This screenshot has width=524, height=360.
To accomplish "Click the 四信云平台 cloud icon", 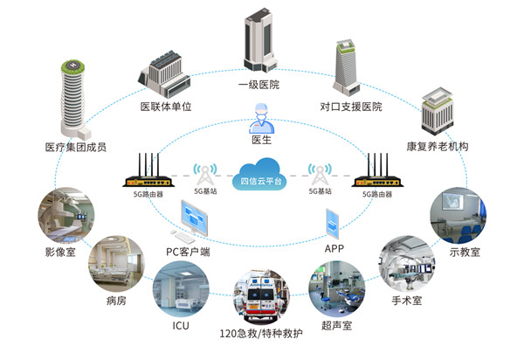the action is (x=259, y=175).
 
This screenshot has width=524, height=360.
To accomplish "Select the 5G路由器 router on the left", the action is (x=148, y=171).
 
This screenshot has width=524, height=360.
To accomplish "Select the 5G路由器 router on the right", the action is (x=377, y=171).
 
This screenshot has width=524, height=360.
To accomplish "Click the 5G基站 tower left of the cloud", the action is (x=205, y=174).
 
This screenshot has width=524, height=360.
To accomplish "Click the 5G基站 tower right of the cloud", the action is (x=320, y=174).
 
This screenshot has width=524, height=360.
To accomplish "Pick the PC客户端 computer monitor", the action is (x=194, y=218).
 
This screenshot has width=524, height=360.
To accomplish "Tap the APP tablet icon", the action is (x=333, y=224).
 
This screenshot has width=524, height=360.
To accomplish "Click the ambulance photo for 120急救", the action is (x=261, y=295).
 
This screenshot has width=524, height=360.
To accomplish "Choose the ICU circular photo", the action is (x=181, y=289).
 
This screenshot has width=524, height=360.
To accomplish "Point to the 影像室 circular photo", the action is (x=65, y=216).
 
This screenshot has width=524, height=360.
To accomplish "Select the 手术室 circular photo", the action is (x=407, y=264).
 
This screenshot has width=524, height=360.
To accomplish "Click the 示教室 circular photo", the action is (x=458, y=216).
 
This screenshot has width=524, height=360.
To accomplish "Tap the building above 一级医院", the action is (x=260, y=40).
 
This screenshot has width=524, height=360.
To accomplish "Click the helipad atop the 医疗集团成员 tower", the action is (x=72, y=66).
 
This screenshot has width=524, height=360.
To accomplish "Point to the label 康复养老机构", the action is (x=438, y=147).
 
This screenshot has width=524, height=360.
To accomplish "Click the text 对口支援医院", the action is (x=351, y=107).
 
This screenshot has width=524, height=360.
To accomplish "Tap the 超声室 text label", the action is (x=336, y=325).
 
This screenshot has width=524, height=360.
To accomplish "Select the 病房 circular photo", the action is (x=117, y=264).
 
